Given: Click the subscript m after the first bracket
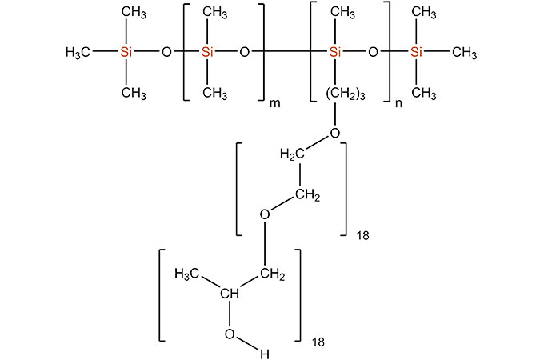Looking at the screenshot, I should pyautogui.click(x=274, y=105).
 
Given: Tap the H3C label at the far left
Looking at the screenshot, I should pyautogui.click(x=78, y=52).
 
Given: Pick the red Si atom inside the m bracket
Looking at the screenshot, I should pyautogui.click(x=208, y=52).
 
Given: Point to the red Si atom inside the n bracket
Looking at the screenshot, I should pyautogui.click(x=335, y=52).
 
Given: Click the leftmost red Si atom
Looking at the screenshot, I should pyautogui.click(x=126, y=52).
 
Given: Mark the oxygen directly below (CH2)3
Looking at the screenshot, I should pyautogui.click(x=334, y=132).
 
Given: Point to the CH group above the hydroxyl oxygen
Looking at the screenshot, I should pyautogui.click(x=230, y=295).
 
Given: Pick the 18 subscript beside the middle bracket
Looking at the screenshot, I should pyautogui.click(x=362, y=237).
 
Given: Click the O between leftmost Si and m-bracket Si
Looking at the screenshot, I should pyautogui.click(x=166, y=52).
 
